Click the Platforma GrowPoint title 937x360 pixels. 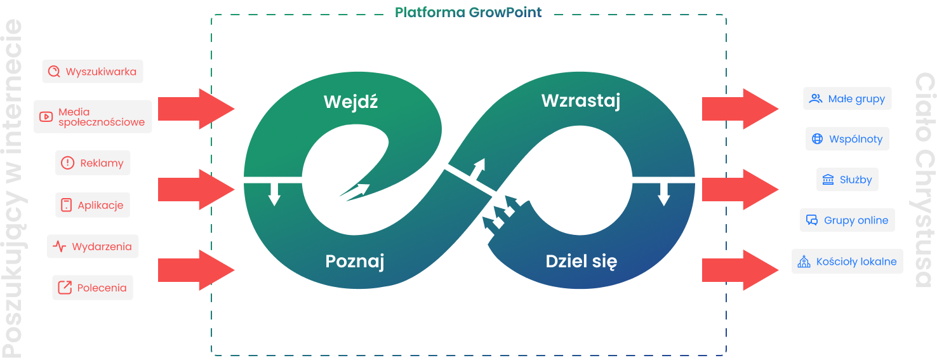(x=468, y=13)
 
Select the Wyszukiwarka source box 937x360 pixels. (x=93, y=72)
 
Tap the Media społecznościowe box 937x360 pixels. (x=93, y=117)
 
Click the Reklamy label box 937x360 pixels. (x=93, y=163)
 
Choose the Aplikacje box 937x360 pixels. (x=93, y=205)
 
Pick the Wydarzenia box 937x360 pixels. (x=93, y=246)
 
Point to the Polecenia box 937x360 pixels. (x=93, y=288)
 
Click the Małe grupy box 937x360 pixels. (x=847, y=99)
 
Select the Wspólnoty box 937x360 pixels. (x=847, y=139)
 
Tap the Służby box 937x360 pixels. (x=847, y=180)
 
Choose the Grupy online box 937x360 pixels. (x=847, y=220)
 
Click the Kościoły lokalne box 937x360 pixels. (x=847, y=261)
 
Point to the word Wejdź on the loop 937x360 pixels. (x=350, y=102)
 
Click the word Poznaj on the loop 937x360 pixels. (x=355, y=261)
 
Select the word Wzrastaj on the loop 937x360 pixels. (x=580, y=100)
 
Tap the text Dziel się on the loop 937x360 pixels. (x=581, y=261)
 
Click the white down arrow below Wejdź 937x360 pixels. (x=274, y=194)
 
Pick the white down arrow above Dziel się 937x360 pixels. (x=664, y=194)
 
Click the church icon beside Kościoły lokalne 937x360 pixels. (x=804, y=262)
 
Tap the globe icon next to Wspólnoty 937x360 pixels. (x=817, y=139)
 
